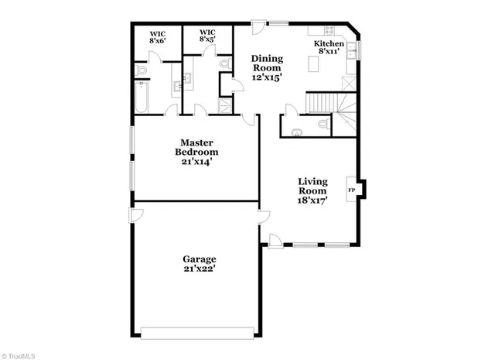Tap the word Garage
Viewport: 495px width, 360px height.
(x=199, y=259)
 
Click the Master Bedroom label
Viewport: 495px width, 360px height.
(x=196, y=147)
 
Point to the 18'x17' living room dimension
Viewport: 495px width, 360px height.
(x=313, y=199)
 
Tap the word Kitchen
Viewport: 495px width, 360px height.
(x=329, y=44)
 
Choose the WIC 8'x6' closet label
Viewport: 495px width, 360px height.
(x=158, y=38)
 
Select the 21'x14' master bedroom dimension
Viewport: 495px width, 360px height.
(x=196, y=162)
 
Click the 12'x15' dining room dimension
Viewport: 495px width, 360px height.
(x=268, y=77)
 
